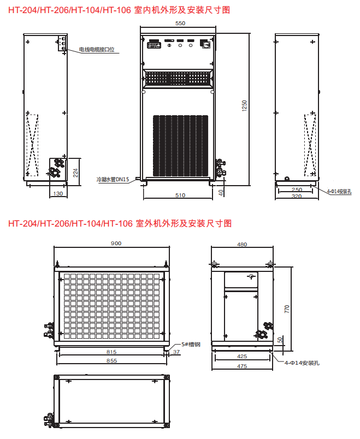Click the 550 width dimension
(x=180, y=23)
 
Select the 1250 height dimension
(x=244, y=106)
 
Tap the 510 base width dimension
(x=180, y=195)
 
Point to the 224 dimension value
(x=75, y=173)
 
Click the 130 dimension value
(x=58, y=193)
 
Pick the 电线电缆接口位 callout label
(x=97, y=50)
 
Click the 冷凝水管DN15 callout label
(x=113, y=179)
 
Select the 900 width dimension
(x=116, y=244)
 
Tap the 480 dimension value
(x=242, y=245)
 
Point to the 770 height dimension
(x=287, y=309)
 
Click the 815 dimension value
(x=111, y=352)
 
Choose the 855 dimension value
(x=111, y=360)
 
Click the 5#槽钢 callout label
(x=191, y=345)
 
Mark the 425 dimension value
(x=242, y=356)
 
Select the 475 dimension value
(x=242, y=366)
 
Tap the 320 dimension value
(x=297, y=196)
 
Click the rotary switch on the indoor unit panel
(x=205, y=44)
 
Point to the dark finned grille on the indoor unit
(x=180, y=146)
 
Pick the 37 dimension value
(x=176, y=352)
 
